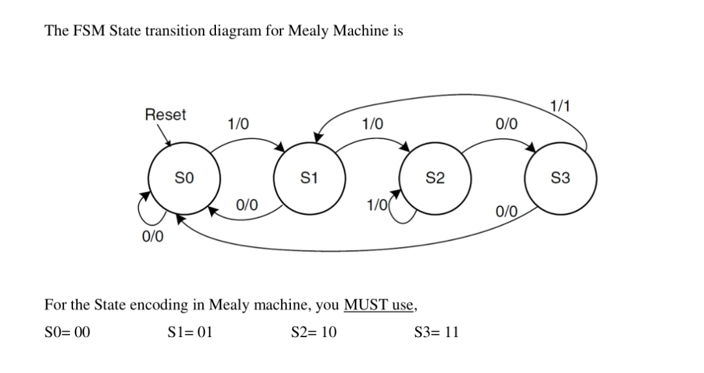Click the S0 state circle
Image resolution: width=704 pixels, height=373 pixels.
[182, 177]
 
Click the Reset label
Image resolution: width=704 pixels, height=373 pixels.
[165, 115]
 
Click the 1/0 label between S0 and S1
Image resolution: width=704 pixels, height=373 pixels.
[237, 123]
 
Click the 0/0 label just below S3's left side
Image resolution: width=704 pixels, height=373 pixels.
[507, 211]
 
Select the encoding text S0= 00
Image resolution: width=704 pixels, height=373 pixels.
[67, 332]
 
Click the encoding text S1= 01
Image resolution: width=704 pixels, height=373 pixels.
[190, 332]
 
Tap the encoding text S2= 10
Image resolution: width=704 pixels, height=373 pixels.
[314, 332]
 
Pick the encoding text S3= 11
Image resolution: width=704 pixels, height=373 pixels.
[436, 332]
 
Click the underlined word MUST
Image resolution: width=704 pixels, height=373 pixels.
[365, 304]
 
